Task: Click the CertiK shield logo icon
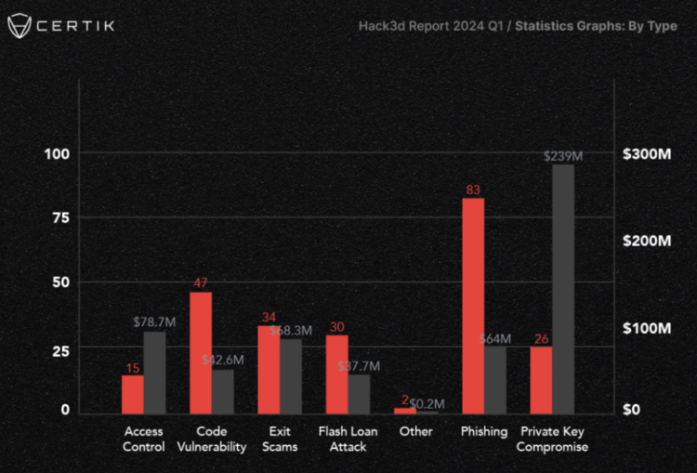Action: (x=19, y=26)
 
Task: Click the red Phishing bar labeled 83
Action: (x=473, y=306)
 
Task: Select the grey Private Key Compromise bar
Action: (x=563, y=289)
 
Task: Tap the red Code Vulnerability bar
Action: (x=201, y=352)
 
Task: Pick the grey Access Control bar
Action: (x=154, y=372)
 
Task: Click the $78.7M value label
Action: (x=153, y=322)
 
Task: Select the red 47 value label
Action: (x=201, y=282)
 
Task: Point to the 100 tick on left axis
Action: (x=58, y=153)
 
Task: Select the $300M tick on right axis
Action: (x=647, y=153)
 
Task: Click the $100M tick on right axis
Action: (x=647, y=328)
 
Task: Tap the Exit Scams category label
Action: (x=280, y=439)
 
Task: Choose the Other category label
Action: (x=415, y=431)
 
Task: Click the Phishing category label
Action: (x=484, y=431)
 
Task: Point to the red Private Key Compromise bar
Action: (x=541, y=380)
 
